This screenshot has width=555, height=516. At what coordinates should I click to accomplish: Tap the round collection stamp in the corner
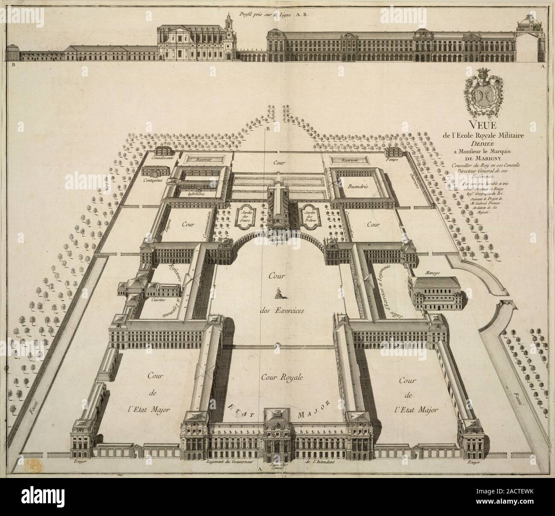click(x=31, y=465)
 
